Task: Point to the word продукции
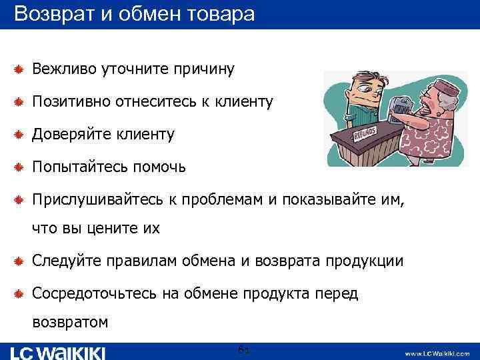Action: [x=364, y=261]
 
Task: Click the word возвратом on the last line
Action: [x=70, y=323]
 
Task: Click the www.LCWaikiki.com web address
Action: [x=437, y=353]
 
